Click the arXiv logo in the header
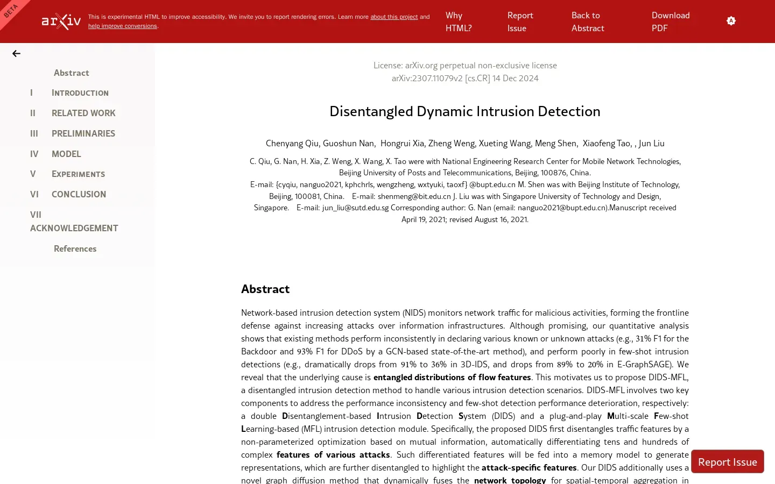tap(61, 22)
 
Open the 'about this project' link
tap(393, 17)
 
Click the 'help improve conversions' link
tap(123, 26)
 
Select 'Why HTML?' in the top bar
tap(458, 22)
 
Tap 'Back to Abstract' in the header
tap(587, 22)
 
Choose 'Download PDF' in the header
tap(670, 22)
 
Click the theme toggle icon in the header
tap(731, 21)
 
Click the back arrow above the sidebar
tap(16, 53)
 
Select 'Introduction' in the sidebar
tap(80, 92)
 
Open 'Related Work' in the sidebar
tap(83, 113)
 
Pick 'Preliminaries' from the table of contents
tap(83, 133)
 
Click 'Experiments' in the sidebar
tap(78, 174)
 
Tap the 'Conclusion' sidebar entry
tap(79, 194)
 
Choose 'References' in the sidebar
tap(75, 248)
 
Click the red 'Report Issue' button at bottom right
tap(727, 462)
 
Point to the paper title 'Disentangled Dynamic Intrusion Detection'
tap(464, 111)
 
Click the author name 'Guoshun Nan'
tap(348, 143)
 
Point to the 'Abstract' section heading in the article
tap(265, 289)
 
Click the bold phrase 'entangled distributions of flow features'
tap(452, 377)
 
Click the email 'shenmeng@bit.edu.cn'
tap(414, 196)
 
